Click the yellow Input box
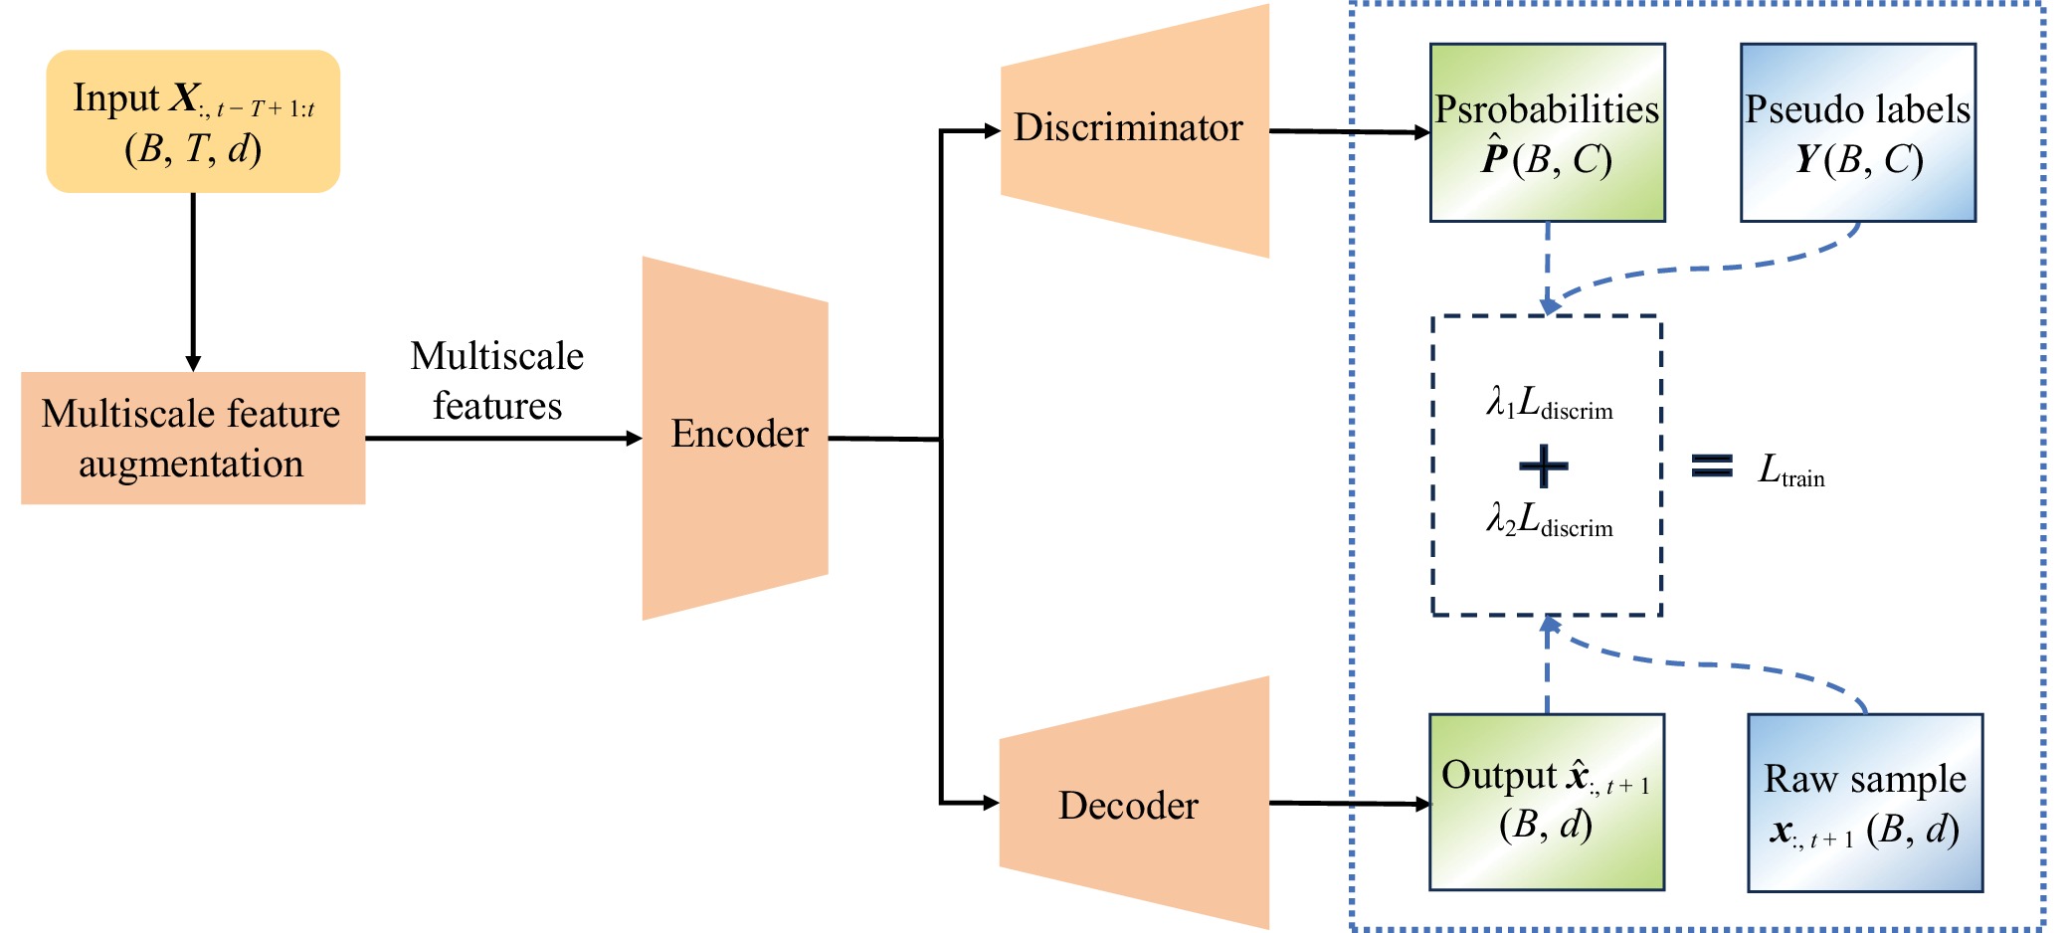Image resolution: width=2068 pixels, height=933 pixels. (x=193, y=121)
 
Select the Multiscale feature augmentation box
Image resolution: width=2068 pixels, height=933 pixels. (x=193, y=438)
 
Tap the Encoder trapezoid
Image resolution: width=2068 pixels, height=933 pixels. (x=736, y=438)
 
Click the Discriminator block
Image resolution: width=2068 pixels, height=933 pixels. (x=1134, y=130)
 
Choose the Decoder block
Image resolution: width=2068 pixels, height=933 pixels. (x=1134, y=804)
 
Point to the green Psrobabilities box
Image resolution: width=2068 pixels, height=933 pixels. (x=1547, y=132)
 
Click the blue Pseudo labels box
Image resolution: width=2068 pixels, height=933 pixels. (x=1857, y=132)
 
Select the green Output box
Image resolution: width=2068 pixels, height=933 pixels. (x=1546, y=802)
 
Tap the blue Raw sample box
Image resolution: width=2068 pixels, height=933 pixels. (x=1865, y=803)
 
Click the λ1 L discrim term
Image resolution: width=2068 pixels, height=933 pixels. (x=1549, y=403)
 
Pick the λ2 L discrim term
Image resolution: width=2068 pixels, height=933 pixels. (x=1549, y=520)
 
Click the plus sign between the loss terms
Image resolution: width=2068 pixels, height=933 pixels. (x=1544, y=466)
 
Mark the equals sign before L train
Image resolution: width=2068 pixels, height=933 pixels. (x=1712, y=466)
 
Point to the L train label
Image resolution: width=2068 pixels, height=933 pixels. (x=1791, y=470)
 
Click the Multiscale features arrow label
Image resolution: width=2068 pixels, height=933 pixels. (x=497, y=381)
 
